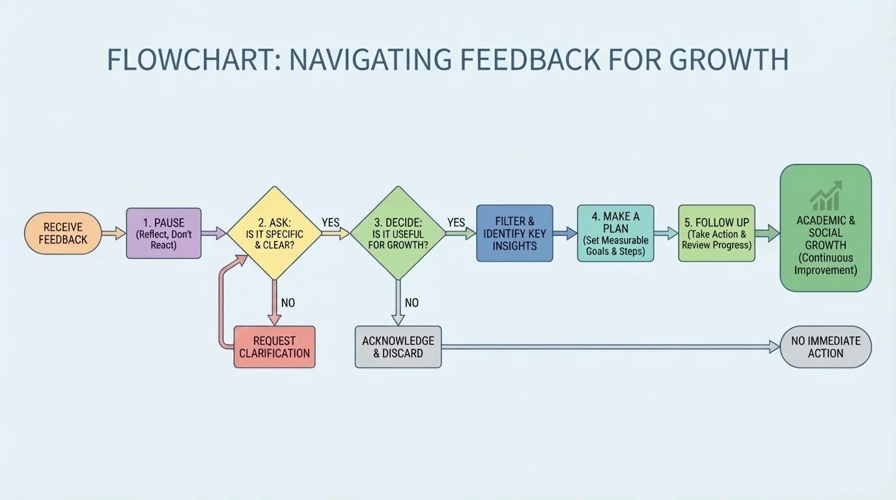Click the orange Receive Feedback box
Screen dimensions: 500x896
63,233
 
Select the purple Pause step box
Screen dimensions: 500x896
163,233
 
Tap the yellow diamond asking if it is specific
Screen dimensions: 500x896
274,233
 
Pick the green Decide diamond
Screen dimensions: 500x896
398,233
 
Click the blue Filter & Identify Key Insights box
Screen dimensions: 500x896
514,233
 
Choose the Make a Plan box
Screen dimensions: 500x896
615,233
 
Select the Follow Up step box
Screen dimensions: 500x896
716,233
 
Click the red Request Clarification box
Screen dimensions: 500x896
274,347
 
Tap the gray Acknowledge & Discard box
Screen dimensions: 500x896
398,347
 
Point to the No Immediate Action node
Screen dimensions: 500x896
825,347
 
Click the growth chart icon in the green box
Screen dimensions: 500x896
826,196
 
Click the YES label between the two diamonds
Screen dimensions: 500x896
331,223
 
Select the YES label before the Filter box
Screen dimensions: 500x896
456,223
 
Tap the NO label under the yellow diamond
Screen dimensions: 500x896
288,303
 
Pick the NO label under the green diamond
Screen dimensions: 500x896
412,303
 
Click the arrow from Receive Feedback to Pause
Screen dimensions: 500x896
114,233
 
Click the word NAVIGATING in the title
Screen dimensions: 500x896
370,60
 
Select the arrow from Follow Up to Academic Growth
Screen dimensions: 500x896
767,233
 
